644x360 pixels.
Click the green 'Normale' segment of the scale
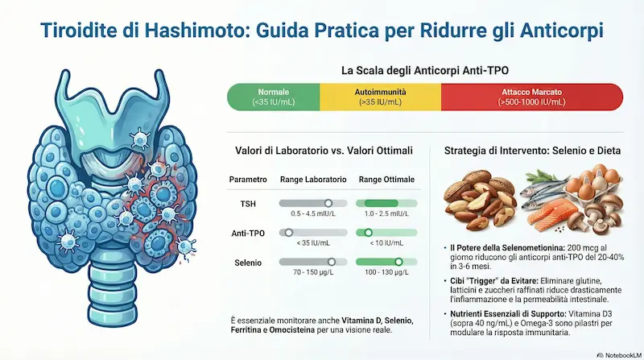[275, 97]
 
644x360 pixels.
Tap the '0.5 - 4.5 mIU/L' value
[313, 215]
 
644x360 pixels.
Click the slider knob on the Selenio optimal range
[398, 262]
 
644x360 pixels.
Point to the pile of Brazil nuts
[478, 197]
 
